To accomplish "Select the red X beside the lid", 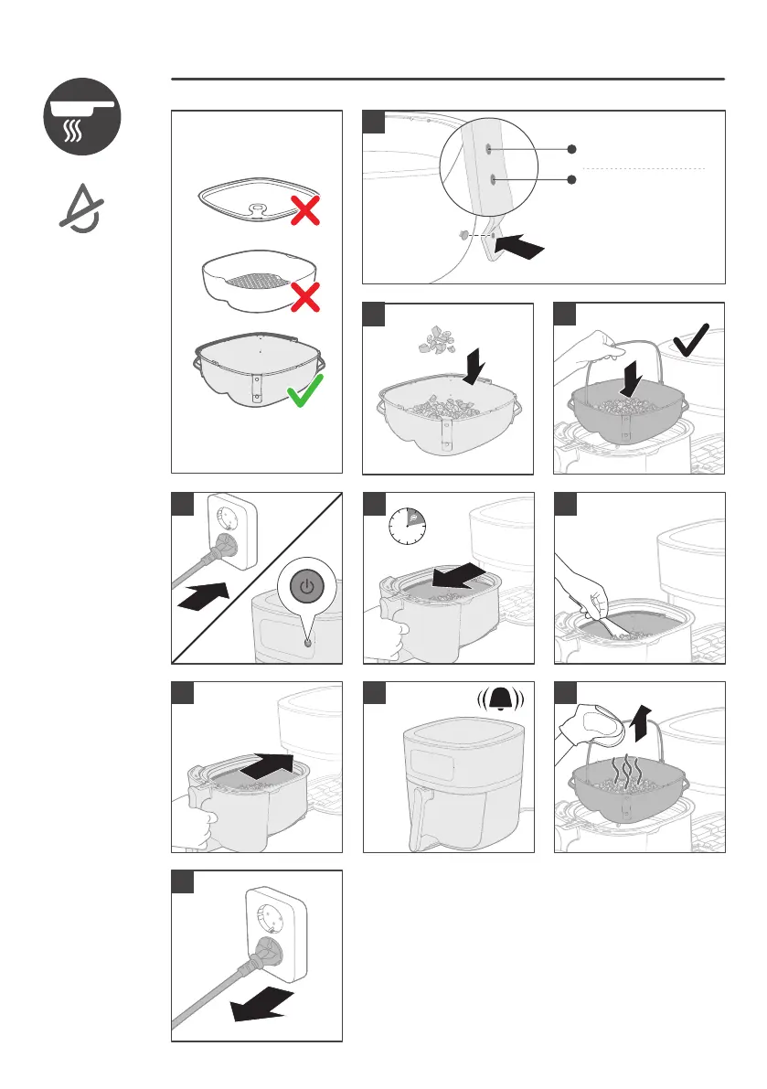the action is click(x=305, y=211).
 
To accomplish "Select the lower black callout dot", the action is click(x=571, y=180).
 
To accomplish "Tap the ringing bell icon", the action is click(x=500, y=701).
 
